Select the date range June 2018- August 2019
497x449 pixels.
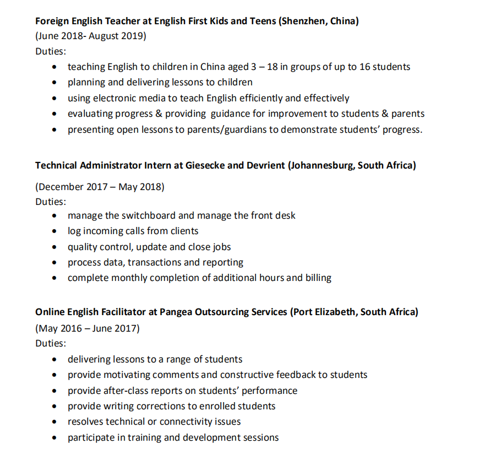point(91,36)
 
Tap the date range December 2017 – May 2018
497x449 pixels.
point(100,186)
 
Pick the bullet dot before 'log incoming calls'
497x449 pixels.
point(54,231)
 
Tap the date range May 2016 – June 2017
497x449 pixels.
point(88,328)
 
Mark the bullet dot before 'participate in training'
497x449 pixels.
point(54,438)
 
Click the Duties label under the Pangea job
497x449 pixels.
point(50,343)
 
